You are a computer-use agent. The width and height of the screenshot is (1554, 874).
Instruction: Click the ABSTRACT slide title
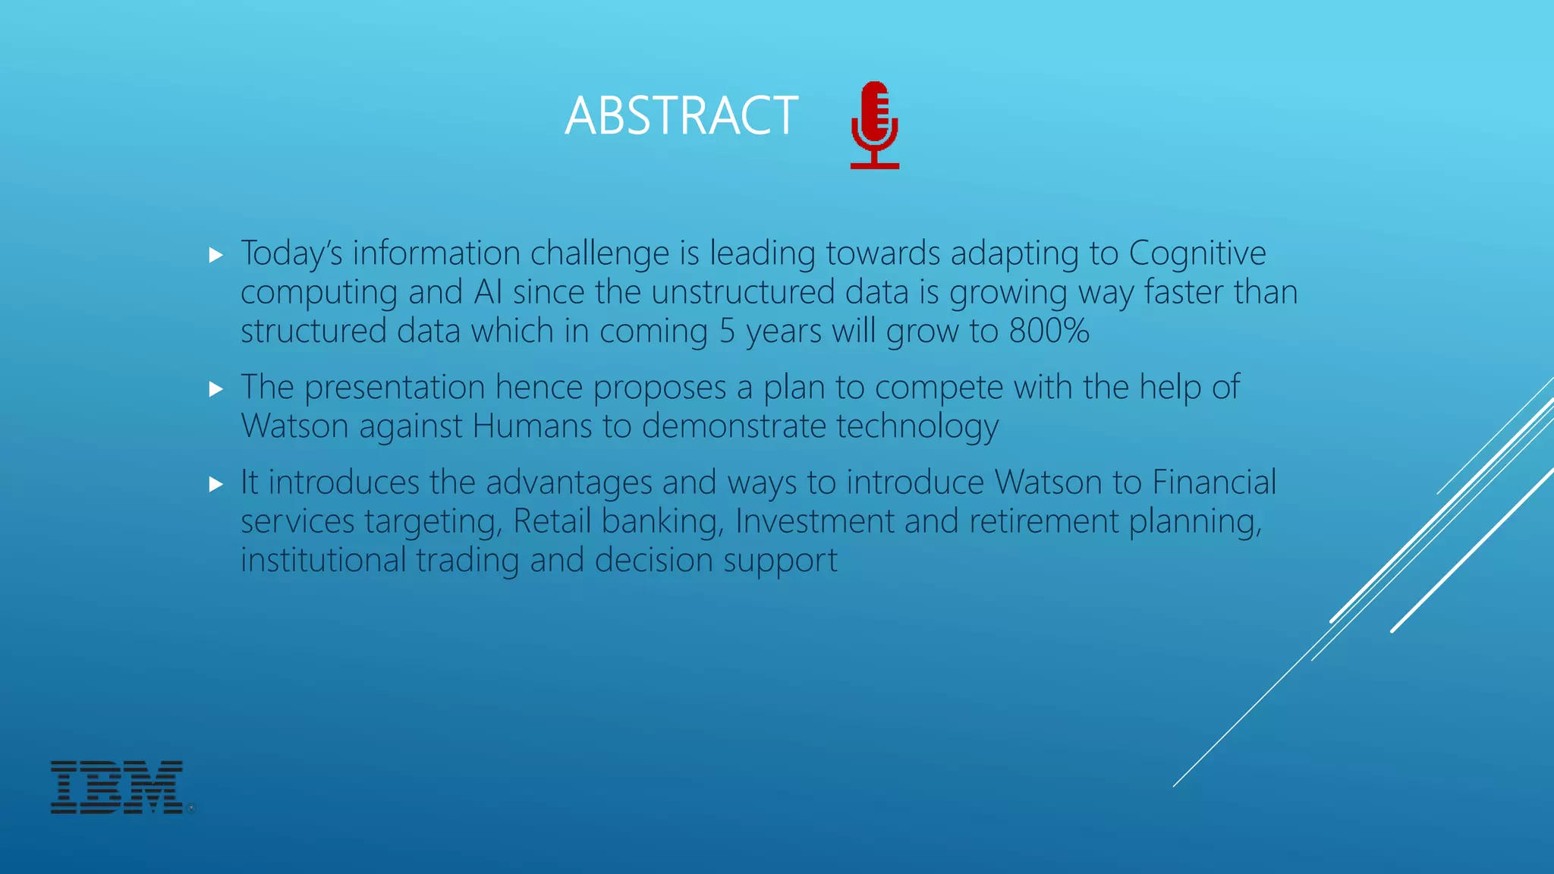[681, 116]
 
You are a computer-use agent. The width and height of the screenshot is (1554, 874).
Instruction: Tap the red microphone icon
[875, 124]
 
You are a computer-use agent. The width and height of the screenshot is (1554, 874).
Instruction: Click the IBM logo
[118, 787]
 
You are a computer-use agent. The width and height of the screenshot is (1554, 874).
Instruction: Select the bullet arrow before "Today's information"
[216, 255]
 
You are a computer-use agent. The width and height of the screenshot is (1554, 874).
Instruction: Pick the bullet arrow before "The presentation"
[216, 389]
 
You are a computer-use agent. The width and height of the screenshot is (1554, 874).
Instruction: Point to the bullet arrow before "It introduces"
[216, 484]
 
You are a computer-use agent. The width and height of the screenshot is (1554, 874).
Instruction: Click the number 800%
[1049, 331]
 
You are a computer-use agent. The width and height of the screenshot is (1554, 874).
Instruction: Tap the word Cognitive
[1197, 253]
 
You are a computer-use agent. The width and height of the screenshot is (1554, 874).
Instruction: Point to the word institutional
[323, 560]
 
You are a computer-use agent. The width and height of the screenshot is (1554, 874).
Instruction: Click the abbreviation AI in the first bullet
[487, 292]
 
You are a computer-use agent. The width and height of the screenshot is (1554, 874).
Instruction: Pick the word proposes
[659, 388]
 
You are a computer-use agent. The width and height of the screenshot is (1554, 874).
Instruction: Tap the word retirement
[1043, 521]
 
